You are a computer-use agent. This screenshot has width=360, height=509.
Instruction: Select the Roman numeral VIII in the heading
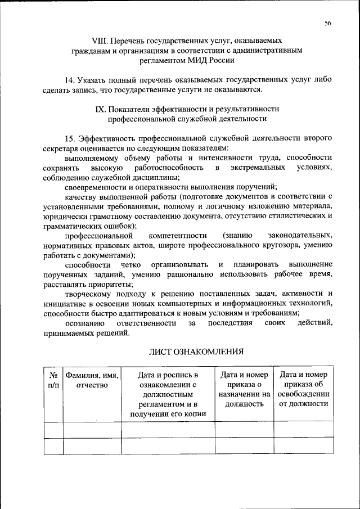100,41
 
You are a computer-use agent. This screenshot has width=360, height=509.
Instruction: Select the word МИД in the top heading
193,60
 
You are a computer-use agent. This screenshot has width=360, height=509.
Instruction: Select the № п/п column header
53,380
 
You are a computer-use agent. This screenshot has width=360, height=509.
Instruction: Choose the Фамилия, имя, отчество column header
92,380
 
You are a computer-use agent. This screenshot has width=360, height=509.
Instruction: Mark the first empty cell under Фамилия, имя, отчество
92,430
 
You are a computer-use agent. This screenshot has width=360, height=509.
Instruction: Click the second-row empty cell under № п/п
53,446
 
